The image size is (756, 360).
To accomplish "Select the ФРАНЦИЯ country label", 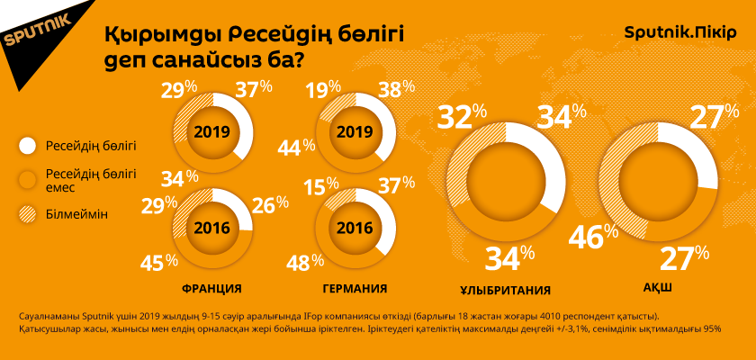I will [x=211, y=289].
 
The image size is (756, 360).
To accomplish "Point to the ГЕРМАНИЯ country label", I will [x=355, y=289].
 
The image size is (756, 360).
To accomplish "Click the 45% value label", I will [x=158, y=263].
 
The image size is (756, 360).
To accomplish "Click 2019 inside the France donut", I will [x=211, y=132].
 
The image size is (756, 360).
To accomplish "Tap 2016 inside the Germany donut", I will [x=355, y=228].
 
